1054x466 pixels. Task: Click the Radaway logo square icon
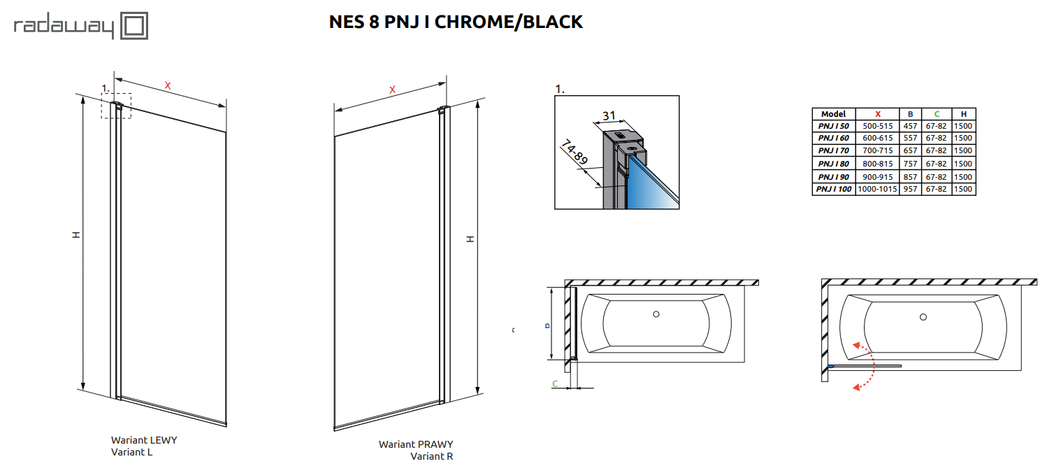pos(135,27)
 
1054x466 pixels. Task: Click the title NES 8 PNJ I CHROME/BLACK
pos(455,22)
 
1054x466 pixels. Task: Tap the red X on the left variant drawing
pos(168,85)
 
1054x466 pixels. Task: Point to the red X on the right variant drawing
pos(392,90)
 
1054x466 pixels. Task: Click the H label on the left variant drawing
pos(76,234)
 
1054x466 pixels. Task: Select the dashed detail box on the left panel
pos(116,106)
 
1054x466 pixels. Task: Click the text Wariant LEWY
pos(144,440)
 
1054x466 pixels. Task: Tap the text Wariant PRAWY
pos(416,444)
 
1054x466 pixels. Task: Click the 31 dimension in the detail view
pos(608,115)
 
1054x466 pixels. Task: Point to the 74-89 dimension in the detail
pos(575,153)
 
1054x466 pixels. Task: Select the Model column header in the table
pos(833,114)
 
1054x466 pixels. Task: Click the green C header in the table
pos(936,114)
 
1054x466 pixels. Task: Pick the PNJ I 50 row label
pos(833,127)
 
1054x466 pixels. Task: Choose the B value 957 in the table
pos(910,189)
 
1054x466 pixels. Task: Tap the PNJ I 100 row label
pos(834,189)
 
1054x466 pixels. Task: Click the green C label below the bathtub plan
pos(555,383)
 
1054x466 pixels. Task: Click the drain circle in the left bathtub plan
pos(656,314)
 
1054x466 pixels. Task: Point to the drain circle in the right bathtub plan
pos(923,317)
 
